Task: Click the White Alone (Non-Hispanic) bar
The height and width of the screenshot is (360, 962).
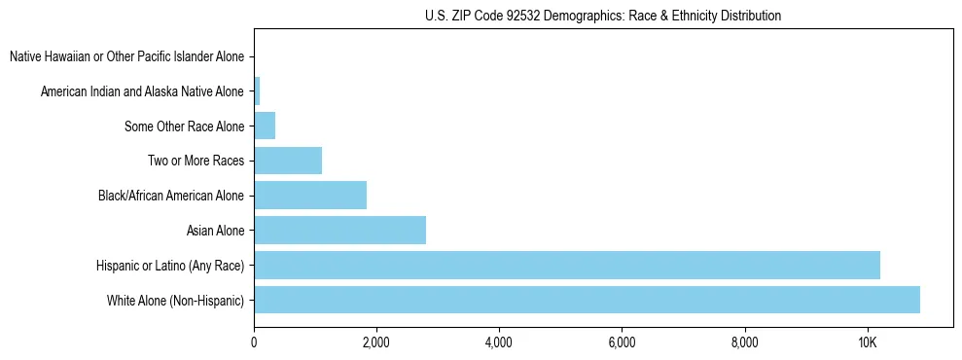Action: [x=587, y=300]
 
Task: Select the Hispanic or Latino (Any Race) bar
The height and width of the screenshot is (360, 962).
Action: [x=567, y=265]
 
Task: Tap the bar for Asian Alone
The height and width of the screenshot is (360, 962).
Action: [x=339, y=230]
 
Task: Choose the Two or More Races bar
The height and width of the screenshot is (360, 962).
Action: [x=288, y=161]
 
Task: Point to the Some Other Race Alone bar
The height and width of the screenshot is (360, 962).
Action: [x=265, y=126]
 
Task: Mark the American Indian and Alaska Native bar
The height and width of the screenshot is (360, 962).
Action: [x=257, y=91]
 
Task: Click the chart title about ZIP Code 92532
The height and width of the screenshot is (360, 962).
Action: [x=603, y=16]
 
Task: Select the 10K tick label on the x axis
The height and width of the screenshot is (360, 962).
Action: [x=867, y=342]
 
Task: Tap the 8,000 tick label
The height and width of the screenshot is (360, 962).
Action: [x=744, y=342]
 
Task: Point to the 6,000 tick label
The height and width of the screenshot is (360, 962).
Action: [x=622, y=342]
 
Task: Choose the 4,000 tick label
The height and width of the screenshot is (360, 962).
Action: [x=499, y=342]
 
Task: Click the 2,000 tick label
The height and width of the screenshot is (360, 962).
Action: [x=376, y=342]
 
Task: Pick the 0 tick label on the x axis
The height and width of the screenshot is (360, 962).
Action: [x=254, y=342]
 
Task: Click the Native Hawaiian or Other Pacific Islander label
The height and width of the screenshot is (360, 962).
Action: [x=126, y=56]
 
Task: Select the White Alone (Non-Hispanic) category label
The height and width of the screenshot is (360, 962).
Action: [x=175, y=300]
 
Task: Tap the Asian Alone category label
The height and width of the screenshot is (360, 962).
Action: [x=215, y=231]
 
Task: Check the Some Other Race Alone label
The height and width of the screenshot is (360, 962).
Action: [x=184, y=126]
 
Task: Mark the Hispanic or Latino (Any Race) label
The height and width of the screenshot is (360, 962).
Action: [x=170, y=266]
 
